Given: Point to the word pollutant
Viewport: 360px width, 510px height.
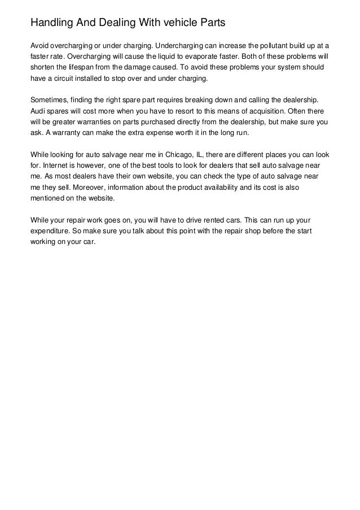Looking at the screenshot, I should point(265,45).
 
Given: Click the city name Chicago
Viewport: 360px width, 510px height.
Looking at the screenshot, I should point(182,154).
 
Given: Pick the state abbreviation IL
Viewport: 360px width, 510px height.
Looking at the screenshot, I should point(203,154).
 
